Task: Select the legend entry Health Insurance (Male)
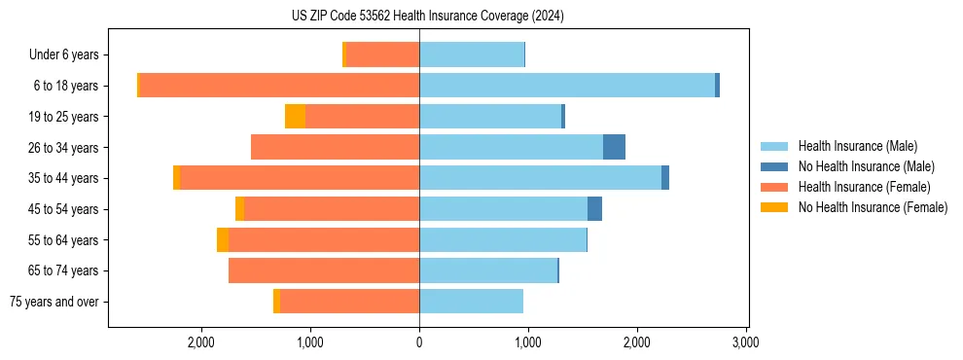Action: (857, 146)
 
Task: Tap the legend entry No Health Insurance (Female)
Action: (873, 207)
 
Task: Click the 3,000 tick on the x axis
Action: (745, 343)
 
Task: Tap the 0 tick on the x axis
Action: (419, 343)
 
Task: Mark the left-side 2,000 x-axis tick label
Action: (201, 343)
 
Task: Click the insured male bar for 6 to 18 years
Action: (567, 86)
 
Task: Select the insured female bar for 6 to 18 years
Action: (279, 86)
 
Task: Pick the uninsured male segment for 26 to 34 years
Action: (614, 147)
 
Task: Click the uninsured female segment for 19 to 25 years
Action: (295, 117)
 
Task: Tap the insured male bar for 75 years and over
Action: (471, 302)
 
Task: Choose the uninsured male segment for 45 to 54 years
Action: (594, 209)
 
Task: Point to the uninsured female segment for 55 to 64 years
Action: (223, 240)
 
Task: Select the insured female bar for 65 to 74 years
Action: (324, 270)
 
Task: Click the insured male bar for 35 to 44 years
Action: (540, 178)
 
